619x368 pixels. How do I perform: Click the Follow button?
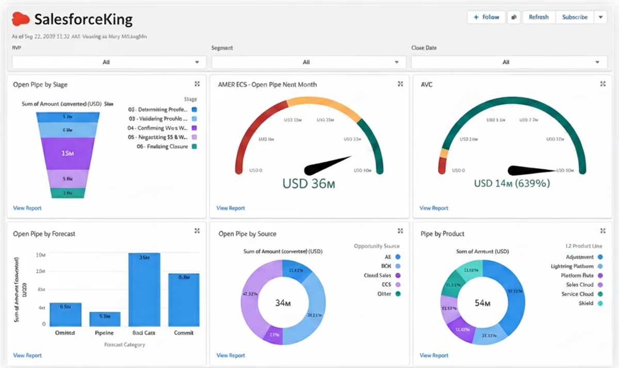click(x=486, y=17)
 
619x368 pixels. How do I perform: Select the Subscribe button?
click(x=575, y=17)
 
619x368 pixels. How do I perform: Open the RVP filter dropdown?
click(x=109, y=62)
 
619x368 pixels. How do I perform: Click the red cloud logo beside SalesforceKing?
click(x=21, y=20)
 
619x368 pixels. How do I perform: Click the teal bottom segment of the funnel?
click(x=68, y=193)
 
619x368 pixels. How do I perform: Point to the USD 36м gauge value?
click(x=308, y=183)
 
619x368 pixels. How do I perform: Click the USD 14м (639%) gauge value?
click(x=512, y=183)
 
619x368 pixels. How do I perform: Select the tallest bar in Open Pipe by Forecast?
click(x=144, y=289)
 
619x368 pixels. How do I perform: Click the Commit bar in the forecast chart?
click(x=184, y=300)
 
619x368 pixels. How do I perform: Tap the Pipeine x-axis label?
click(x=105, y=333)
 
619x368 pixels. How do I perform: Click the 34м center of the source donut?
click(x=283, y=303)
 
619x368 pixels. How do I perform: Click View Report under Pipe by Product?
click(x=433, y=356)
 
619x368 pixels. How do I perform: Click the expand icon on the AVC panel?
click(x=602, y=84)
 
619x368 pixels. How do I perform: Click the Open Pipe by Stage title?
click(x=40, y=84)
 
